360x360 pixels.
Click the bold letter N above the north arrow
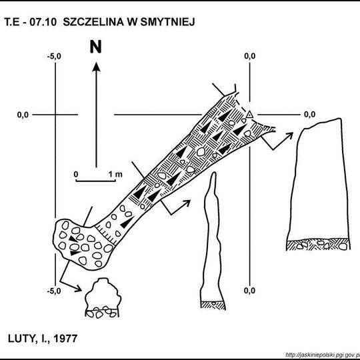[x=95, y=47]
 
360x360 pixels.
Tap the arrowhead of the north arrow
[x=96, y=67]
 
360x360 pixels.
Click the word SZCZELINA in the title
[x=92, y=22]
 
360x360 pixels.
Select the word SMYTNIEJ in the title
[x=167, y=22]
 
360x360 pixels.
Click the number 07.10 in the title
[x=43, y=22]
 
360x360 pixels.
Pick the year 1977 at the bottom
[x=65, y=339]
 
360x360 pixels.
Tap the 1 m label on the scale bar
[x=115, y=175]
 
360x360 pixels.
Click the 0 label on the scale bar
[x=76, y=175]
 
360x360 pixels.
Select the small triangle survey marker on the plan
[x=249, y=115]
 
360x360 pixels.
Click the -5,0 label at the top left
[x=54, y=56]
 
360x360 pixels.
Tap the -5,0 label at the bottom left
[x=54, y=291]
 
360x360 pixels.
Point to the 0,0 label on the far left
[x=23, y=115]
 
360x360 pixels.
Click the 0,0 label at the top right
[x=250, y=56]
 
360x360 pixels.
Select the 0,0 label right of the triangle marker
[x=310, y=115]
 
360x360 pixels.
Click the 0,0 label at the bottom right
[x=249, y=291]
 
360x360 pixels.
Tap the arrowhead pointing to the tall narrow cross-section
[x=187, y=203]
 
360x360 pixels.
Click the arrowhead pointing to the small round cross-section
[x=78, y=289]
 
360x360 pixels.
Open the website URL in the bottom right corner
[x=323, y=355]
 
